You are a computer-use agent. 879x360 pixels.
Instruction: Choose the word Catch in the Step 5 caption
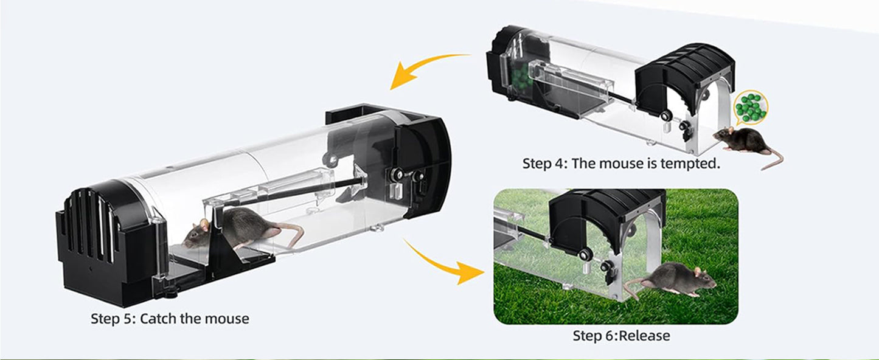tap(158, 319)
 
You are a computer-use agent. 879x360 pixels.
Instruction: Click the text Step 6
tap(596, 336)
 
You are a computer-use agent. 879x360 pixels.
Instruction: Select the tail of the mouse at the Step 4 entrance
tap(774, 160)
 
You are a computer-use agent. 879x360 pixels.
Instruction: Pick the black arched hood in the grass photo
tap(597, 220)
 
